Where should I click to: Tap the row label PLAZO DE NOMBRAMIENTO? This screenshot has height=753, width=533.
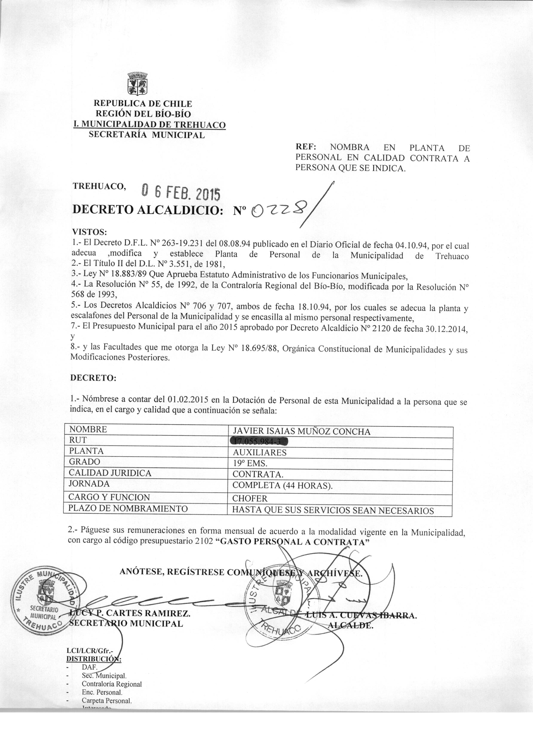(128, 509)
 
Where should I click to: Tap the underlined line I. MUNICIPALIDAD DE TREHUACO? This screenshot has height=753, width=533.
(149, 125)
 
